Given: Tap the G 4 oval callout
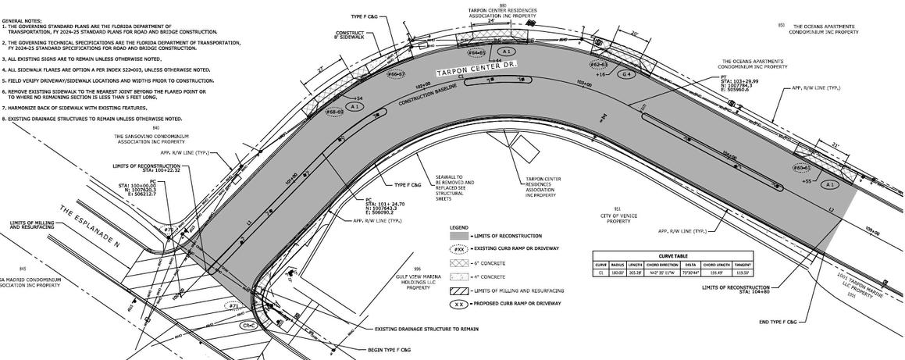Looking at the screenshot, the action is click(x=625, y=73).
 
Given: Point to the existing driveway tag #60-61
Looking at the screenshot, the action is click(x=802, y=167).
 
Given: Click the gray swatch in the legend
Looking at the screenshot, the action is click(x=458, y=236).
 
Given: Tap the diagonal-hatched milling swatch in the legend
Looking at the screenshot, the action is click(x=458, y=290).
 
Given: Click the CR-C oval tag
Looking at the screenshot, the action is click(x=249, y=324).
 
